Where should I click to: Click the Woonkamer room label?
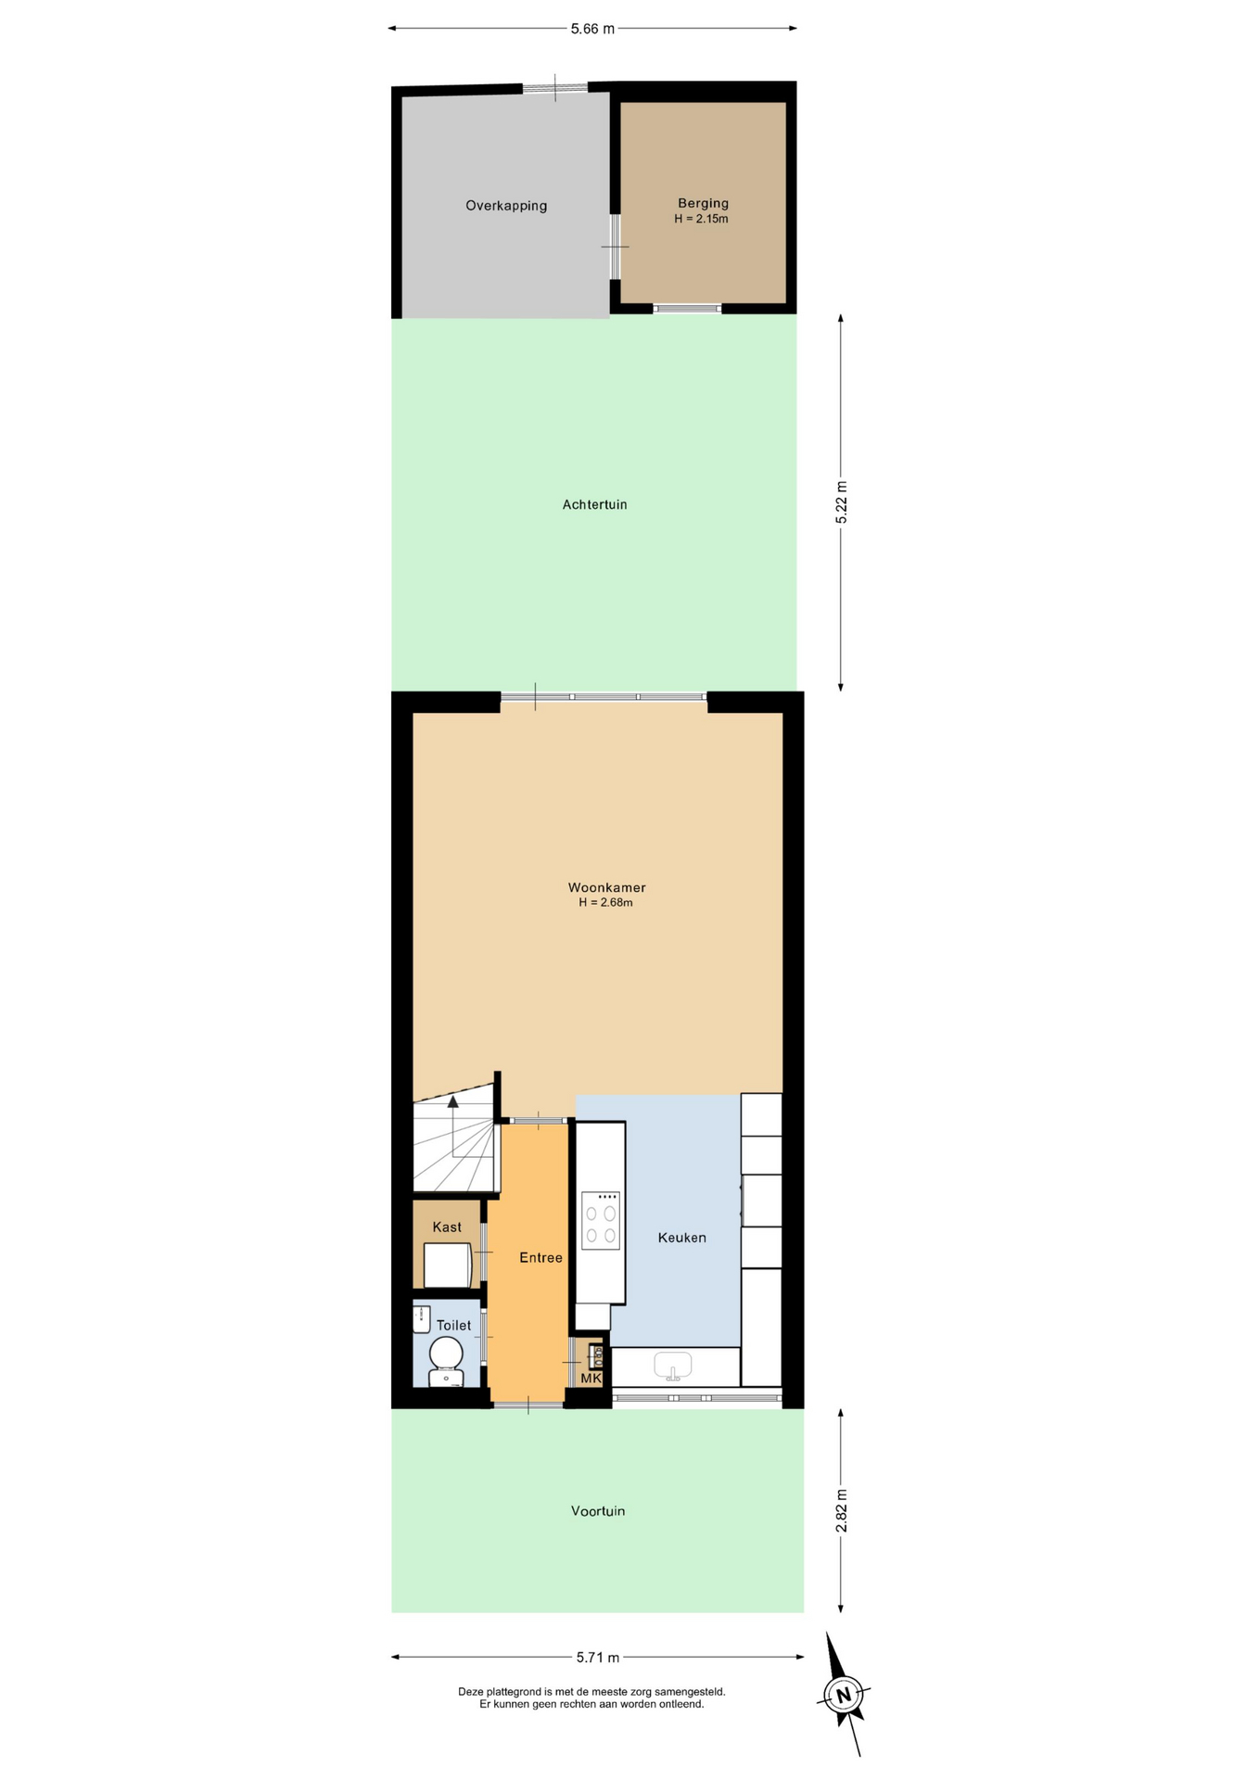click(x=606, y=887)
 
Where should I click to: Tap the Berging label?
click(x=703, y=203)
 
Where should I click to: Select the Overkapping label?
click(x=506, y=206)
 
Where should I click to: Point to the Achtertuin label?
click(x=594, y=504)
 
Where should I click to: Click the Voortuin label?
click(x=598, y=1510)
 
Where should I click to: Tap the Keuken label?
click(x=682, y=1237)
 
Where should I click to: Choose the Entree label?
click(x=540, y=1257)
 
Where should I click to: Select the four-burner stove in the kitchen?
click(x=601, y=1220)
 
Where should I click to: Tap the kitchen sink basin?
click(x=673, y=1366)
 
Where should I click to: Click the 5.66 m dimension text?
click(x=592, y=29)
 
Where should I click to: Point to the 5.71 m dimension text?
click(x=598, y=1657)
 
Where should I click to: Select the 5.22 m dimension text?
click(x=841, y=502)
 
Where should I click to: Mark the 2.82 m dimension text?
click(x=841, y=1510)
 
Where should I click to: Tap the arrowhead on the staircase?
click(x=453, y=1101)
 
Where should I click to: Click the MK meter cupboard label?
click(x=591, y=1378)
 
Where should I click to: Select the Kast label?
click(x=447, y=1227)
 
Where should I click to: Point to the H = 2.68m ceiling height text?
click(x=605, y=902)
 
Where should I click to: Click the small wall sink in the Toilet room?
click(x=422, y=1318)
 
